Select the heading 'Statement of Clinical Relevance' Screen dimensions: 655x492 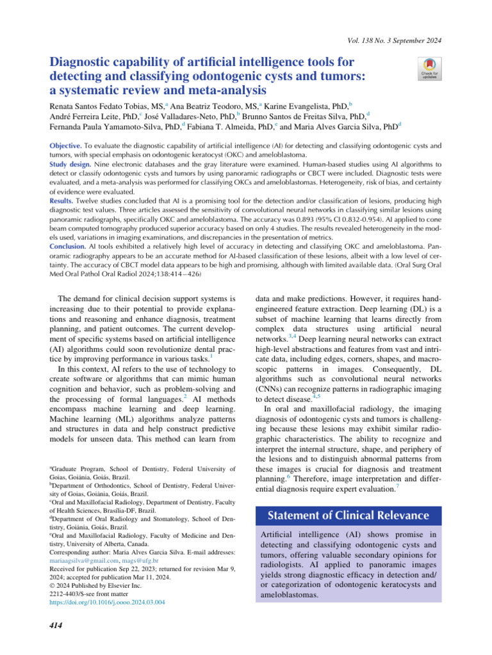point(349,516)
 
